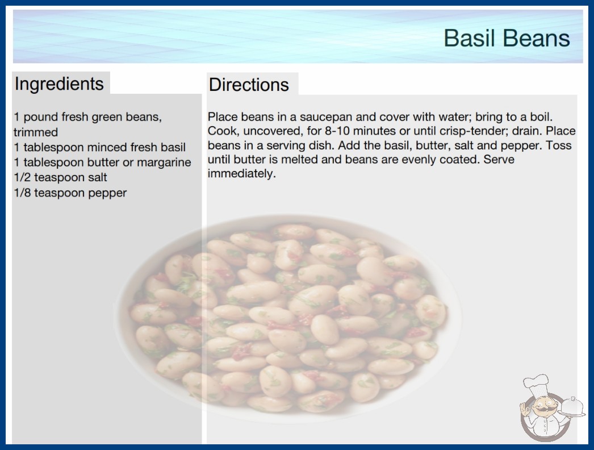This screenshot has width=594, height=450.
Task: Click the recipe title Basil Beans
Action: click(507, 38)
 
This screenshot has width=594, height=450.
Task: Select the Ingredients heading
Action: click(59, 84)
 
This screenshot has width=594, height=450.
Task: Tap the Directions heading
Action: click(249, 85)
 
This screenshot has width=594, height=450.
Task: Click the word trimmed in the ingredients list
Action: click(36, 132)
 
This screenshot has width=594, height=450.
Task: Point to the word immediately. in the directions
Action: click(242, 174)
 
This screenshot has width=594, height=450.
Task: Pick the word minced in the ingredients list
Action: click(101, 147)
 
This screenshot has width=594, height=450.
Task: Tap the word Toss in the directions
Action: click(558, 145)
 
